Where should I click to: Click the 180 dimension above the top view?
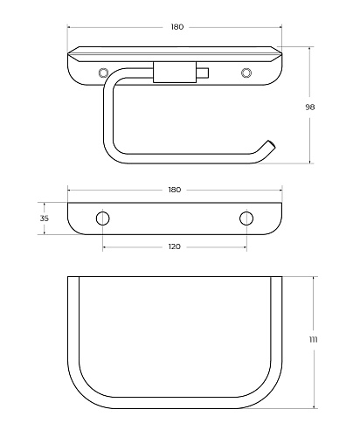[x=177, y=27]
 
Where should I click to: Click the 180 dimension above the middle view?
[x=175, y=190]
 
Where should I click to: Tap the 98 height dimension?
[x=310, y=108]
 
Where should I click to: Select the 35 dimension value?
[x=45, y=218]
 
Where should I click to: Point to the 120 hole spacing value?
[x=175, y=246]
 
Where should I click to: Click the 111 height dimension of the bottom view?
[x=313, y=339]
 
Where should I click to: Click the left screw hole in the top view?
[x=103, y=73]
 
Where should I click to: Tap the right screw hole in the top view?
[x=246, y=73]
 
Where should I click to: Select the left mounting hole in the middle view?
[x=103, y=218]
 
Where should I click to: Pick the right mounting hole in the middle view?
[x=246, y=218]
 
